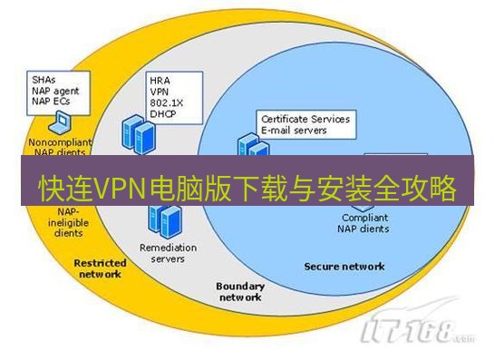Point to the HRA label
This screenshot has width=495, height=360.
pos(160,80)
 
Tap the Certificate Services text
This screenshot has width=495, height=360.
pos(306,119)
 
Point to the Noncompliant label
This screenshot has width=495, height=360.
pos(61,142)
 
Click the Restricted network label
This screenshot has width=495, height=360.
pos(101,268)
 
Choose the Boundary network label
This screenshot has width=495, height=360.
pos(239,291)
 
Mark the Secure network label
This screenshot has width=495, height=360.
pos(344,267)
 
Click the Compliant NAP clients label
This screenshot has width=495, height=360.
pos(365,223)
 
